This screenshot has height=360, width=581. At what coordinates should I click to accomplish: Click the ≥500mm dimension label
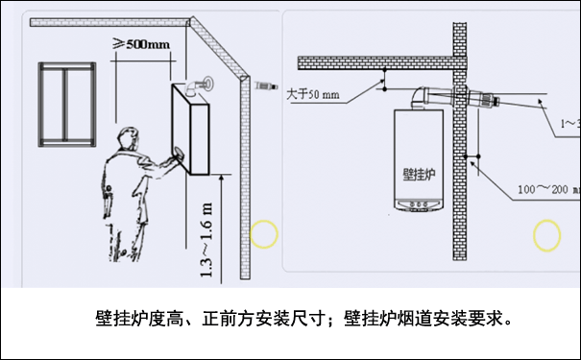click(143, 44)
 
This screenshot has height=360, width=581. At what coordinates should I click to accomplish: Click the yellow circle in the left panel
click(263, 233)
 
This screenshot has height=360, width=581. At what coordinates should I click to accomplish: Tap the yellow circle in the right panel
click(547, 234)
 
